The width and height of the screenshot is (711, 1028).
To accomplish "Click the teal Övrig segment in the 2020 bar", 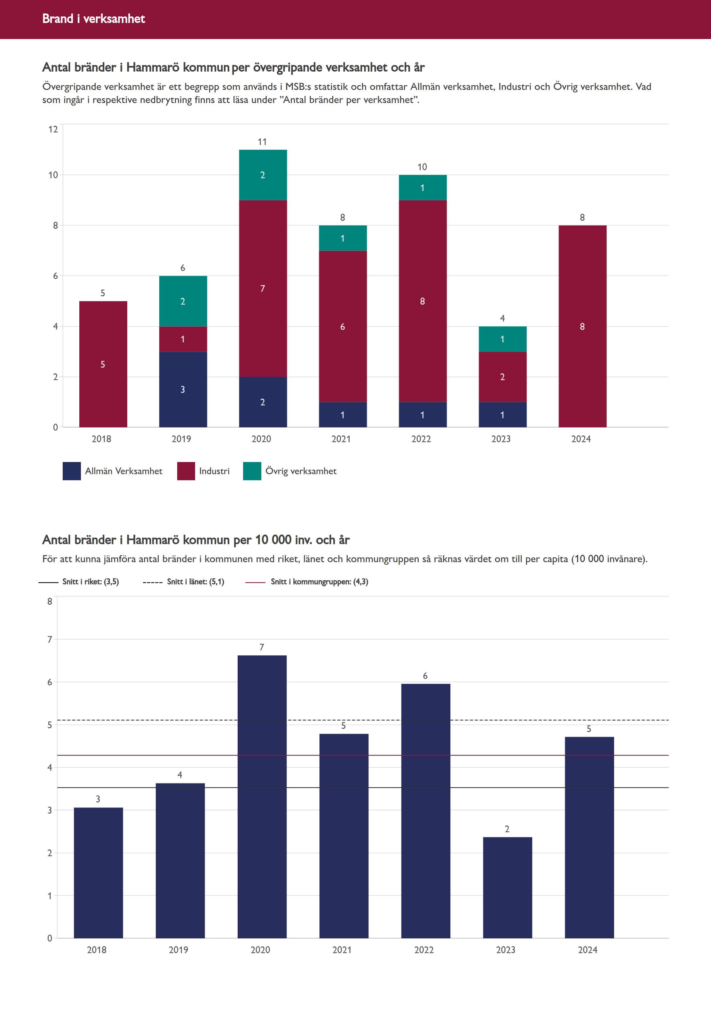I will point(263,175).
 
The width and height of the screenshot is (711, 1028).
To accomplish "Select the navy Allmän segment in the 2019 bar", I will point(183,389).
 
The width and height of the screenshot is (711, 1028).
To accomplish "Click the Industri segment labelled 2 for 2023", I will point(502,377).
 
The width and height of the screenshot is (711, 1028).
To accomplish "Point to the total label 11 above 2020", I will point(262,142).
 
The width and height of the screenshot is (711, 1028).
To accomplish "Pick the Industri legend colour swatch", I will point(186,471).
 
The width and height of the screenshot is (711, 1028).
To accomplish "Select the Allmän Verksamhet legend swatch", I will point(72,471).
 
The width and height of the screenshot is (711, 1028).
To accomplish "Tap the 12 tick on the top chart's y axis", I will point(53,129).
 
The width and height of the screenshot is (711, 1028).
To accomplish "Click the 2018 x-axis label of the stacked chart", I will point(102,439).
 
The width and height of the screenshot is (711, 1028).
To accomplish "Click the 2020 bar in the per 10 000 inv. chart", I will point(262,798).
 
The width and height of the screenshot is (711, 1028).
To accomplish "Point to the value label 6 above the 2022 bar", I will point(425,676).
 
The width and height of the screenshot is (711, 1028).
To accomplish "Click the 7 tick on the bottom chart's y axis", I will point(50,640).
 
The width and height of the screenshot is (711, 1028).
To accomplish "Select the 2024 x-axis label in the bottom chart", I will point(588,950).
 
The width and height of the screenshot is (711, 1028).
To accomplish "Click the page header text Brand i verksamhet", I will point(93,19).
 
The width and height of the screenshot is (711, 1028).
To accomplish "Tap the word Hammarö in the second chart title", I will point(153,540).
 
